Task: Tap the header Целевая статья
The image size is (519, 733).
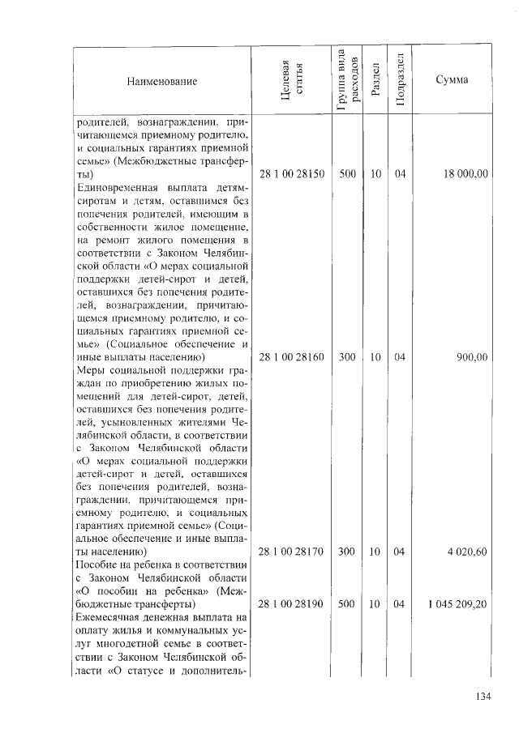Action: tap(291, 81)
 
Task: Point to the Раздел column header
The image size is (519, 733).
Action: tap(375, 82)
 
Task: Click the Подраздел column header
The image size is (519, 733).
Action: tap(399, 81)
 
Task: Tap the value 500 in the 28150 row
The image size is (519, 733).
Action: tap(348, 174)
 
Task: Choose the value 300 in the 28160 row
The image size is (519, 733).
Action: tap(348, 356)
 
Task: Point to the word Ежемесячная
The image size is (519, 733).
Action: tap(110, 617)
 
